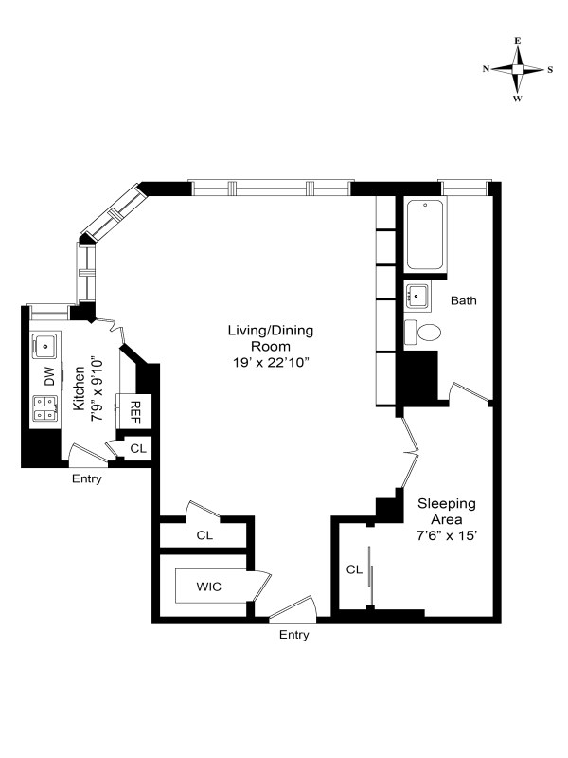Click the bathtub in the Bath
425,234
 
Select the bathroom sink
417,296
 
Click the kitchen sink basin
44,346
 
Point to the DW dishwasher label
49,376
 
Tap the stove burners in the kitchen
44,407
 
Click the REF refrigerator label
134,412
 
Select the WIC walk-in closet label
208,587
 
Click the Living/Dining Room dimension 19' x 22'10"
271,363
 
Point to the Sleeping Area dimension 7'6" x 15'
447,535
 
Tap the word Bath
464,300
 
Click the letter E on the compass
517,41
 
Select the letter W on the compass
517,99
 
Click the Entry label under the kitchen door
87,479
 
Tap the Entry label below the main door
294,635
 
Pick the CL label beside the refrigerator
138,448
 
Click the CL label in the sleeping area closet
354,570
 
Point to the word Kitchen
79,388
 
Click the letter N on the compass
486,68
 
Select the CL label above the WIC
204,535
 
